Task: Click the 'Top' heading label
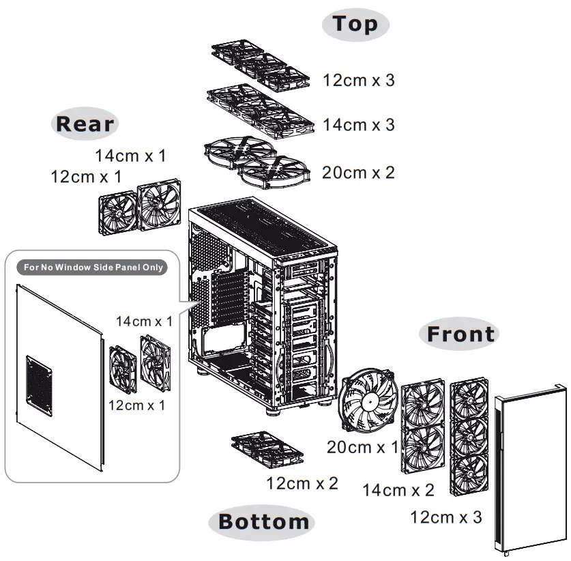(x=355, y=25)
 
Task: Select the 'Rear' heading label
(x=85, y=124)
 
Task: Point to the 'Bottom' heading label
(x=263, y=522)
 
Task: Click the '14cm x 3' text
(x=358, y=126)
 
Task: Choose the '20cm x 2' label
(x=358, y=173)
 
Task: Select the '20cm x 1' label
(x=362, y=448)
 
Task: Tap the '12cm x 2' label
(x=302, y=484)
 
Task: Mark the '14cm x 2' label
(x=398, y=490)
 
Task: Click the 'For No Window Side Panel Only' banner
(x=93, y=268)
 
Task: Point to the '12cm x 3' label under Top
(x=358, y=81)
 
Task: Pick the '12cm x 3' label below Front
(x=445, y=517)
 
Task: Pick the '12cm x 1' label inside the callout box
(x=136, y=405)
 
